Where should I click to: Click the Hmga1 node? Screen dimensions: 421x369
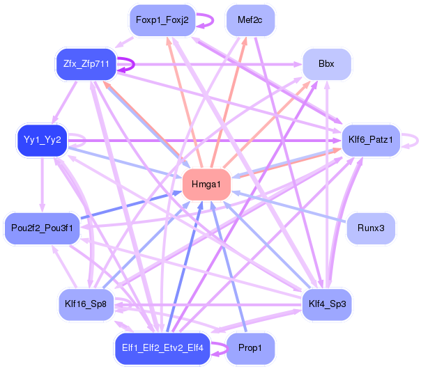[206, 184]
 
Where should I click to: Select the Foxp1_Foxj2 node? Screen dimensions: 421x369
[162, 20]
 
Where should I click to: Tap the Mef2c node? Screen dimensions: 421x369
[250, 20]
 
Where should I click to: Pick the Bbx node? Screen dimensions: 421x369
[327, 64]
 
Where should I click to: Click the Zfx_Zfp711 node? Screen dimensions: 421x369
[86, 64]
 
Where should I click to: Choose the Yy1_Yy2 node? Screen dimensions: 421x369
[42, 140]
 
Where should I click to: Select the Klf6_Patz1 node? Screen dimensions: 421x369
[371, 140]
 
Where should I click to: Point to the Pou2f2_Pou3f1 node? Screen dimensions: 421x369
[42, 228]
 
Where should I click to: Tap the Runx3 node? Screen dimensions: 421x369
[371, 228]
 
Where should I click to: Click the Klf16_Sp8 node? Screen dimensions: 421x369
[86, 304]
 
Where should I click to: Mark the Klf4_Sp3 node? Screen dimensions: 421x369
[327, 304]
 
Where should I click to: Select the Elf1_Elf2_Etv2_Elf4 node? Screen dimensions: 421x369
[162, 349]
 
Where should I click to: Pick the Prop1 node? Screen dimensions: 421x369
[250, 349]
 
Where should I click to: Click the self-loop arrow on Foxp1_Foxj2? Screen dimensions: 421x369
[213, 20]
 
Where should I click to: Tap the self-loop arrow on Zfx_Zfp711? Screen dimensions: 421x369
[134, 65]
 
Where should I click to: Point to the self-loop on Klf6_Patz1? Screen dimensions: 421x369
[418, 141]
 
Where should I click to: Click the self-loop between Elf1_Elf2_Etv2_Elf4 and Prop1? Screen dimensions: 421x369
[228, 349]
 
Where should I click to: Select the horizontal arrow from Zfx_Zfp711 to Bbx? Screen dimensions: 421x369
[209, 64]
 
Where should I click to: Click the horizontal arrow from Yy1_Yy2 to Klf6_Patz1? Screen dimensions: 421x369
[204, 140]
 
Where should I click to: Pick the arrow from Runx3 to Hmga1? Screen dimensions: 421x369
[289, 207]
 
